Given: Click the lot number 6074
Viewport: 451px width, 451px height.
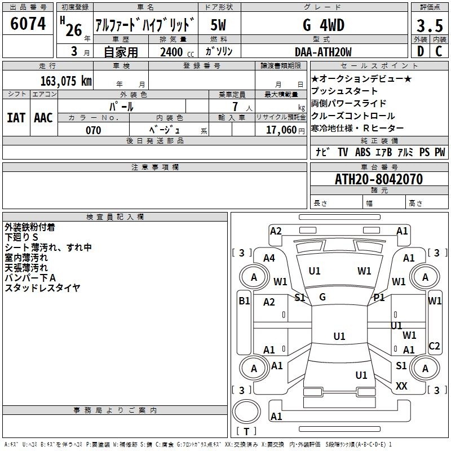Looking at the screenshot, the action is [x=28, y=24].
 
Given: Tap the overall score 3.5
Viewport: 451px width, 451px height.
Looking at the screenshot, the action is [x=430, y=25].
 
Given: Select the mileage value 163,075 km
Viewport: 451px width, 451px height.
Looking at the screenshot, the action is [x=66, y=81].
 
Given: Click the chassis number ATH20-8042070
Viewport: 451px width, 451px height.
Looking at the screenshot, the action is [x=379, y=179].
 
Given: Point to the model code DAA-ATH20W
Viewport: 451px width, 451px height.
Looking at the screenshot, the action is [x=323, y=52].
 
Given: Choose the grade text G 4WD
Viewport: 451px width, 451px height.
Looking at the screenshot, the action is [x=324, y=25].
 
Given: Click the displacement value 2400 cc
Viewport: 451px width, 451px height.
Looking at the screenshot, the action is [x=177, y=52].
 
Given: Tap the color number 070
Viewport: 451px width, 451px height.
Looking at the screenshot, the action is [x=94, y=130].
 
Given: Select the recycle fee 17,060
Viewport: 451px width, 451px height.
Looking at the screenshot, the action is [x=281, y=130].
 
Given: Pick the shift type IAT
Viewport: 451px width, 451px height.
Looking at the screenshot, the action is [x=16, y=118].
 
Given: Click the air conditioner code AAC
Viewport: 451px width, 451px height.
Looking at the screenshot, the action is [x=43, y=118].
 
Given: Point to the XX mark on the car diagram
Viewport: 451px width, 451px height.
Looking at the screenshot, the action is [x=401, y=386].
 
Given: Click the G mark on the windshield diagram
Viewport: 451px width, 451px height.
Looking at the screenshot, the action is [x=322, y=297].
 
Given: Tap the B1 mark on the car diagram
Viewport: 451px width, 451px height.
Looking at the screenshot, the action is [x=244, y=301].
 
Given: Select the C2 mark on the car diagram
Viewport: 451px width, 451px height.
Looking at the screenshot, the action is [x=434, y=346].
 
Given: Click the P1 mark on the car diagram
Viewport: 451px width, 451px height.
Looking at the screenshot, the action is [x=379, y=298].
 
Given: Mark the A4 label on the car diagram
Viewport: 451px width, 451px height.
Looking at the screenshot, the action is [x=269, y=258].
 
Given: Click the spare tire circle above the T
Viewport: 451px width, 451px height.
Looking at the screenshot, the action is [x=246, y=412].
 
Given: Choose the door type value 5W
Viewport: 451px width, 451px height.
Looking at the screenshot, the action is [x=218, y=25].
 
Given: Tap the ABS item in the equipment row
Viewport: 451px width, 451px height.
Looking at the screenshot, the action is [x=362, y=152].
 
